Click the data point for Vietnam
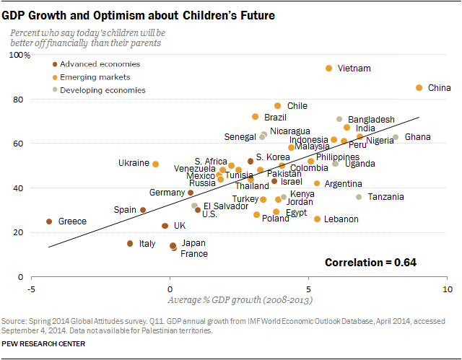click(x=329, y=68)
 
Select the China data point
click(x=419, y=88)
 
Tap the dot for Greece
click(x=49, y=221)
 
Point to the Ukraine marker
click(x=155, y=164)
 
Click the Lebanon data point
click(x=317, y=219)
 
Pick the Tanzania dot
click(x=359, y=197)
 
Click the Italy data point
click(x=130, y=244)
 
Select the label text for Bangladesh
click(x=371, y=119)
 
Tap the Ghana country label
click(x=417, y=137)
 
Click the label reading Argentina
click(x=344, y=184)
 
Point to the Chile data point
click(x=278, y=105)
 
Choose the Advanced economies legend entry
click(x=100, y=64)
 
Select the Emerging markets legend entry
click(x=95, y=77)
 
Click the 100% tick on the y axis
click(x=19, y=55)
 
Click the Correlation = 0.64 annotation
click(x=370, y=262)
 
